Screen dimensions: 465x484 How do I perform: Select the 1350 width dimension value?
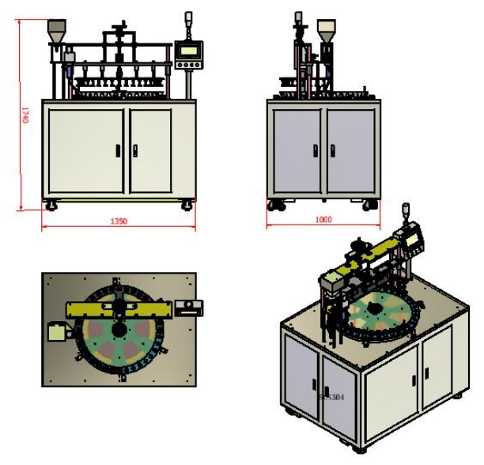[x=119, y=221]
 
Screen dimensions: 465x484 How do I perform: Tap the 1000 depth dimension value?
[x=323, y=220]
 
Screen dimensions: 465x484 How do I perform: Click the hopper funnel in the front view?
[x=56, y=33]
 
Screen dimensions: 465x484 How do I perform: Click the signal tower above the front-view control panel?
[x=188, y=21]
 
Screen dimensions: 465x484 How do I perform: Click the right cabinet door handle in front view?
[x=135, y=150]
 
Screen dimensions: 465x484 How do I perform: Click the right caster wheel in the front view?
[x=187, y=205]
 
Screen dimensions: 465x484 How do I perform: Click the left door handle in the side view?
[x=316, y=150]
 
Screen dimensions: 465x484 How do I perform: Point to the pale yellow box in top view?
[x=58, y=331]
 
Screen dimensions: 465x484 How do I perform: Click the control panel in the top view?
[x=190, y=307]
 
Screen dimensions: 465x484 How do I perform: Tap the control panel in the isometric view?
[x=413, y=236]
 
